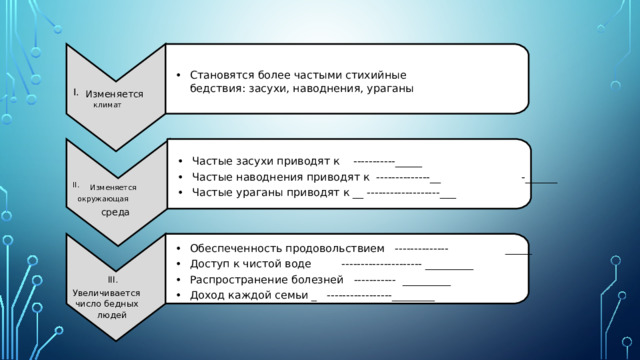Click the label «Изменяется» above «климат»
114,94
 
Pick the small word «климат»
107,104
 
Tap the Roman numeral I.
74,92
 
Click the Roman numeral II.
75,185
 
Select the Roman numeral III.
113,279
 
